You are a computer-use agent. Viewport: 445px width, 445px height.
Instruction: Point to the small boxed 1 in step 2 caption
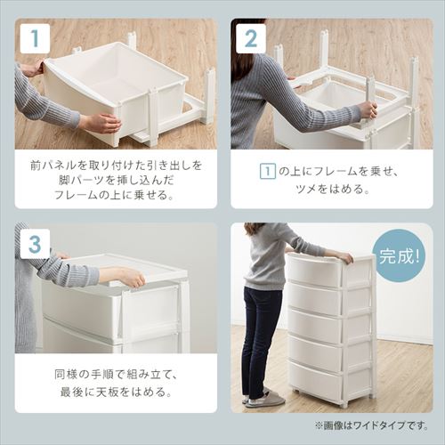[266, 171]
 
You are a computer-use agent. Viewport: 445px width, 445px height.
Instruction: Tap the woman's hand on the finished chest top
[344, 258]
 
